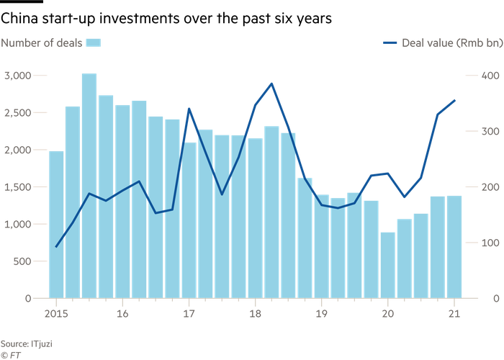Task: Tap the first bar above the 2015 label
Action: coord(55,223)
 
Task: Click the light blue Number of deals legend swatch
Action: coord(94,43)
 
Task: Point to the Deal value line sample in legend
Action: coord(390,43)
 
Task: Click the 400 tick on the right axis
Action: coord(490,75)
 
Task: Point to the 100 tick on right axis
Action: coord(490,242)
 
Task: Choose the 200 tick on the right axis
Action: coord(490,186)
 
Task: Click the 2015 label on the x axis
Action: coord(55,314)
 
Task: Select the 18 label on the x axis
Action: coord(255,314)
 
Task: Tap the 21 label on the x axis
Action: coord(454,314)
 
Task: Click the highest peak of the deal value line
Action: coord(271,83)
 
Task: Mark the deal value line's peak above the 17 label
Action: coord(189,109)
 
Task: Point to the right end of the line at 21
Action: coord(455,99)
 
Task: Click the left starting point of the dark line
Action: coord(56,247)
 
